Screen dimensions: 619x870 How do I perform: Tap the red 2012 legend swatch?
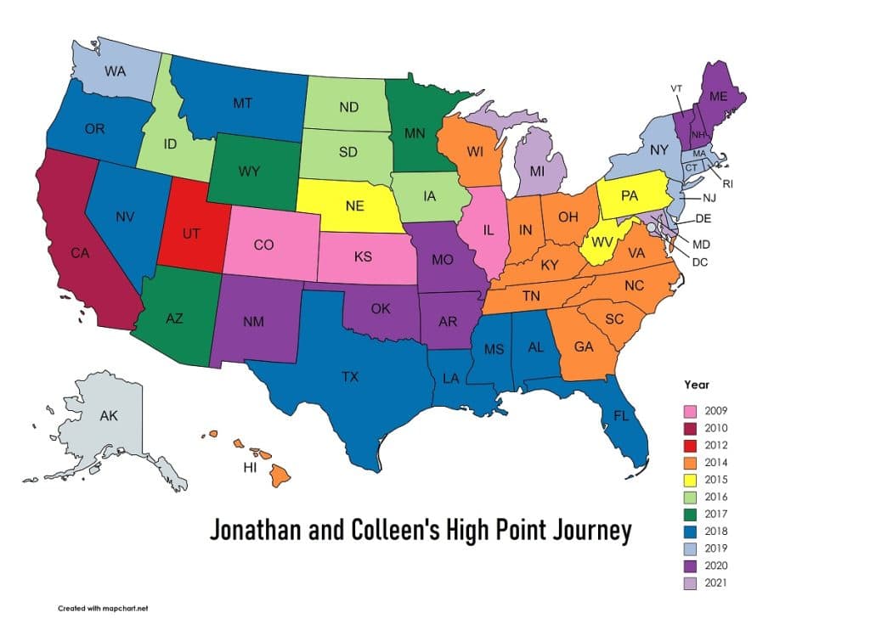click(x=692, y=446)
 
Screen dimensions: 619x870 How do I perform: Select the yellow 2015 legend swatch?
click(x=692, y=480)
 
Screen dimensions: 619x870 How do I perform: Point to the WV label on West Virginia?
click(x=603, y=243)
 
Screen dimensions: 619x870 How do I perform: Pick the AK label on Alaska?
click(x=109, y=416)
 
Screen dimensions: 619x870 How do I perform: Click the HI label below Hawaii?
click(x=251, y=468)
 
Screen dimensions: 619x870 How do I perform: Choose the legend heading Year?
click(x=698, y=385)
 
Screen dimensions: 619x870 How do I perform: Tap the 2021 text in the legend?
click(x=716, y=582)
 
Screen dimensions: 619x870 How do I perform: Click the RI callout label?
click(x=727, y=184)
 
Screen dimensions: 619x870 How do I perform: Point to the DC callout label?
click(x=700, y=262)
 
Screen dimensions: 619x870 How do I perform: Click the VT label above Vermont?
click(x=676, y=88)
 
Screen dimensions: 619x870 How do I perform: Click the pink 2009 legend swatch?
click(x=692, y=412)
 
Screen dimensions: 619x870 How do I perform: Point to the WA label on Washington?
click(x=116, y=71)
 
